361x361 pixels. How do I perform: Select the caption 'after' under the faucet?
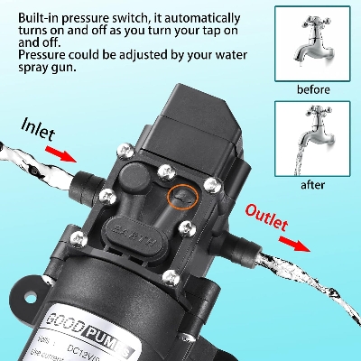tap(311, 186)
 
